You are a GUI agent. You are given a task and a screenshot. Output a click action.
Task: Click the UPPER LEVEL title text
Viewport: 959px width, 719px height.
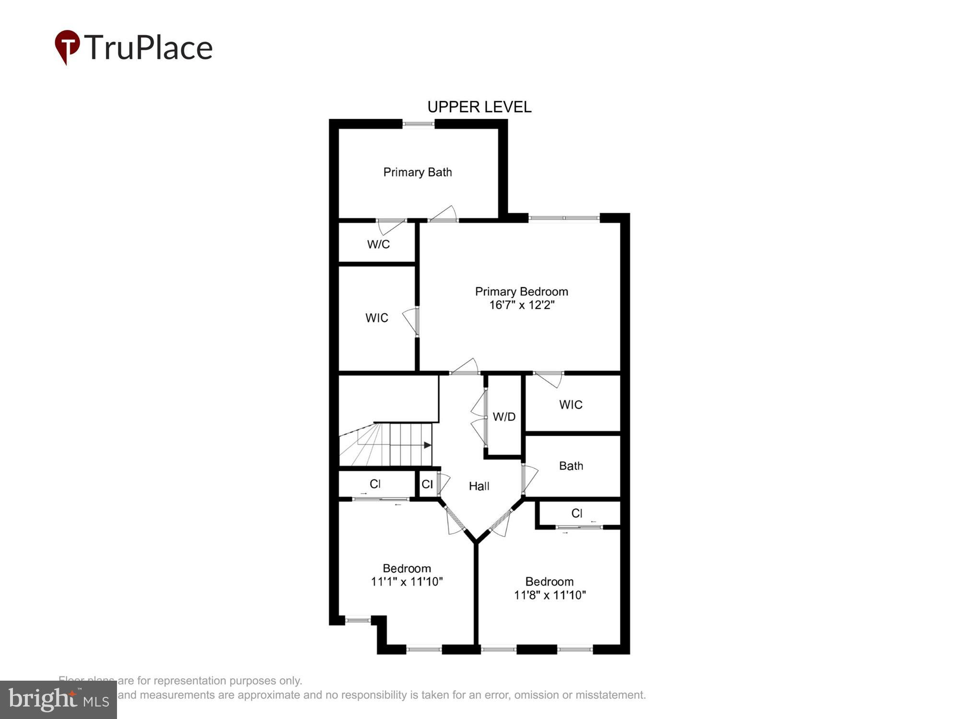[479, 107]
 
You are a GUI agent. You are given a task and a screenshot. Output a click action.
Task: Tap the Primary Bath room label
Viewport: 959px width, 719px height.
[417, 172]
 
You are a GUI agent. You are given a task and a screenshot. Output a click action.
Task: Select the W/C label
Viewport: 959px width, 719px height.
[378, 244]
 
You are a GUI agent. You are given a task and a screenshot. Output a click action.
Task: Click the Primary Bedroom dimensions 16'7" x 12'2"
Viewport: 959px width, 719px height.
[521, 305]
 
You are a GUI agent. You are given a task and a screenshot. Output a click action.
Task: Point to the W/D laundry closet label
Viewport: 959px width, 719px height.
[504, 417]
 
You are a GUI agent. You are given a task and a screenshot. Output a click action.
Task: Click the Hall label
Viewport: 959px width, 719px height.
[479, 486]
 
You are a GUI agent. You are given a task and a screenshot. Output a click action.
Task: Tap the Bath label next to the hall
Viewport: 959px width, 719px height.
[571, 465]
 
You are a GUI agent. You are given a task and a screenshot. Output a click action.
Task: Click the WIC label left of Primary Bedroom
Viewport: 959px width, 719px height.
[376, 318]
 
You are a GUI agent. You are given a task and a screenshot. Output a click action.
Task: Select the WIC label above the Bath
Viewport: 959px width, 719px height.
[571, 405]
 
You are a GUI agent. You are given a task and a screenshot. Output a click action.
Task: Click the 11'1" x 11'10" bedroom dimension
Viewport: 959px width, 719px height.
[407, 581]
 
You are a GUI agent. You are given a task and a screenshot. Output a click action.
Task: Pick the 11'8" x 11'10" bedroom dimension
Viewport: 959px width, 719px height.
[550, 595]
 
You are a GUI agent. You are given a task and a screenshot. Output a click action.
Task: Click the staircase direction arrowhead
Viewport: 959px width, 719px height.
[428, 445]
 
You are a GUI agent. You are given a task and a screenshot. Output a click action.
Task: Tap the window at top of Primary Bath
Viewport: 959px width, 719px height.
[418, 124]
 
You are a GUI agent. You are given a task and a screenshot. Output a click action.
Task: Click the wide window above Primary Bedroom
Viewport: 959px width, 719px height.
[564, 218]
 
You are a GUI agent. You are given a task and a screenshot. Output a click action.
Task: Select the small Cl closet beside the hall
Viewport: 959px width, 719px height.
[427, 484]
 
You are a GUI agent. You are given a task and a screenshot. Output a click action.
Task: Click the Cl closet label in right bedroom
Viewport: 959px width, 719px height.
[576, 513]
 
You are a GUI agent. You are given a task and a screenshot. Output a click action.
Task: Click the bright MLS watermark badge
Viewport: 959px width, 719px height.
[58, 700]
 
